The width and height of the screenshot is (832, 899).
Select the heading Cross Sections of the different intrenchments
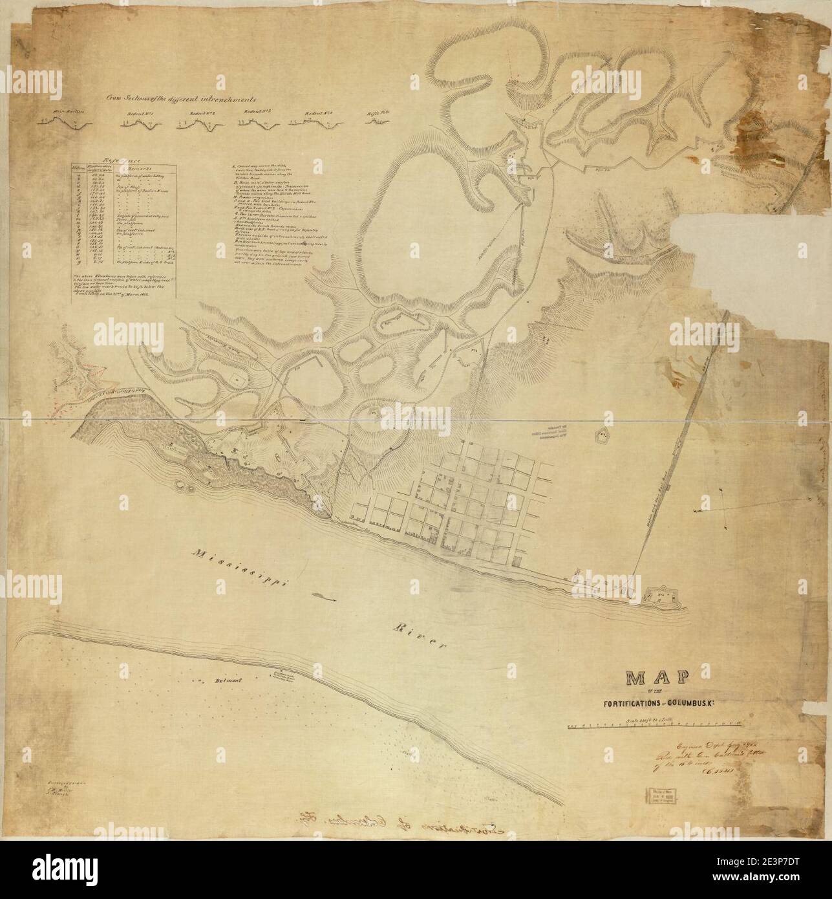182,100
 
